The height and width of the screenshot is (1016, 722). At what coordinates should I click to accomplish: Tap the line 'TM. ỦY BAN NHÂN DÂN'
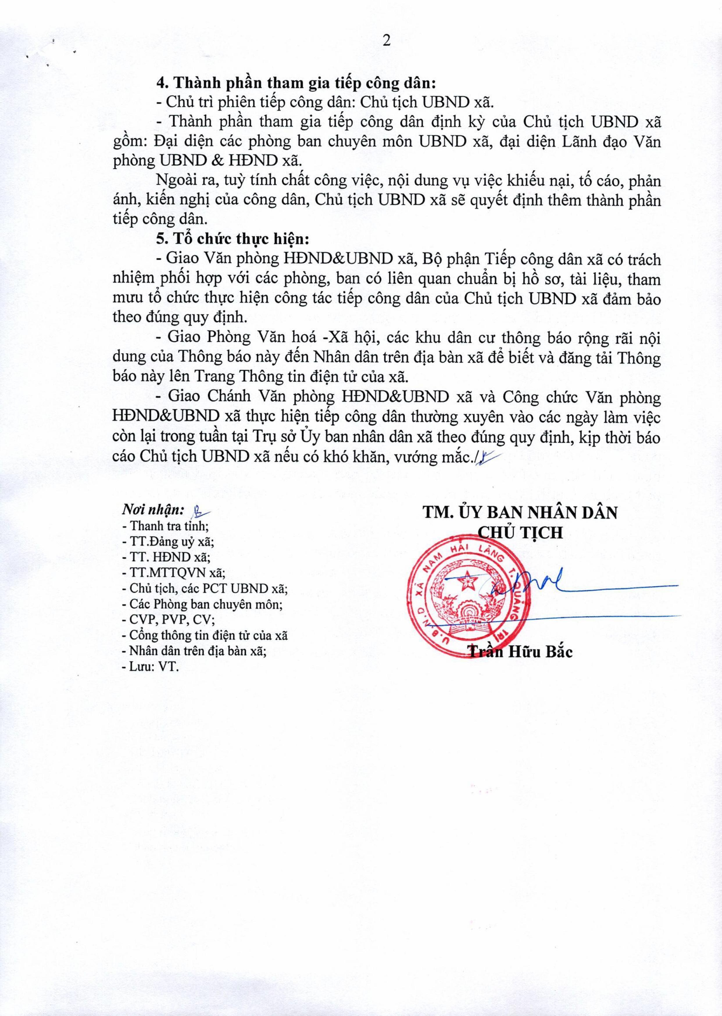pyautogui.click(x=520, y=513)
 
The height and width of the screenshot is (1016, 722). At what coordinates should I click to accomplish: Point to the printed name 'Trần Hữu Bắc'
pyautogui.click(x=521, y=652)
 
